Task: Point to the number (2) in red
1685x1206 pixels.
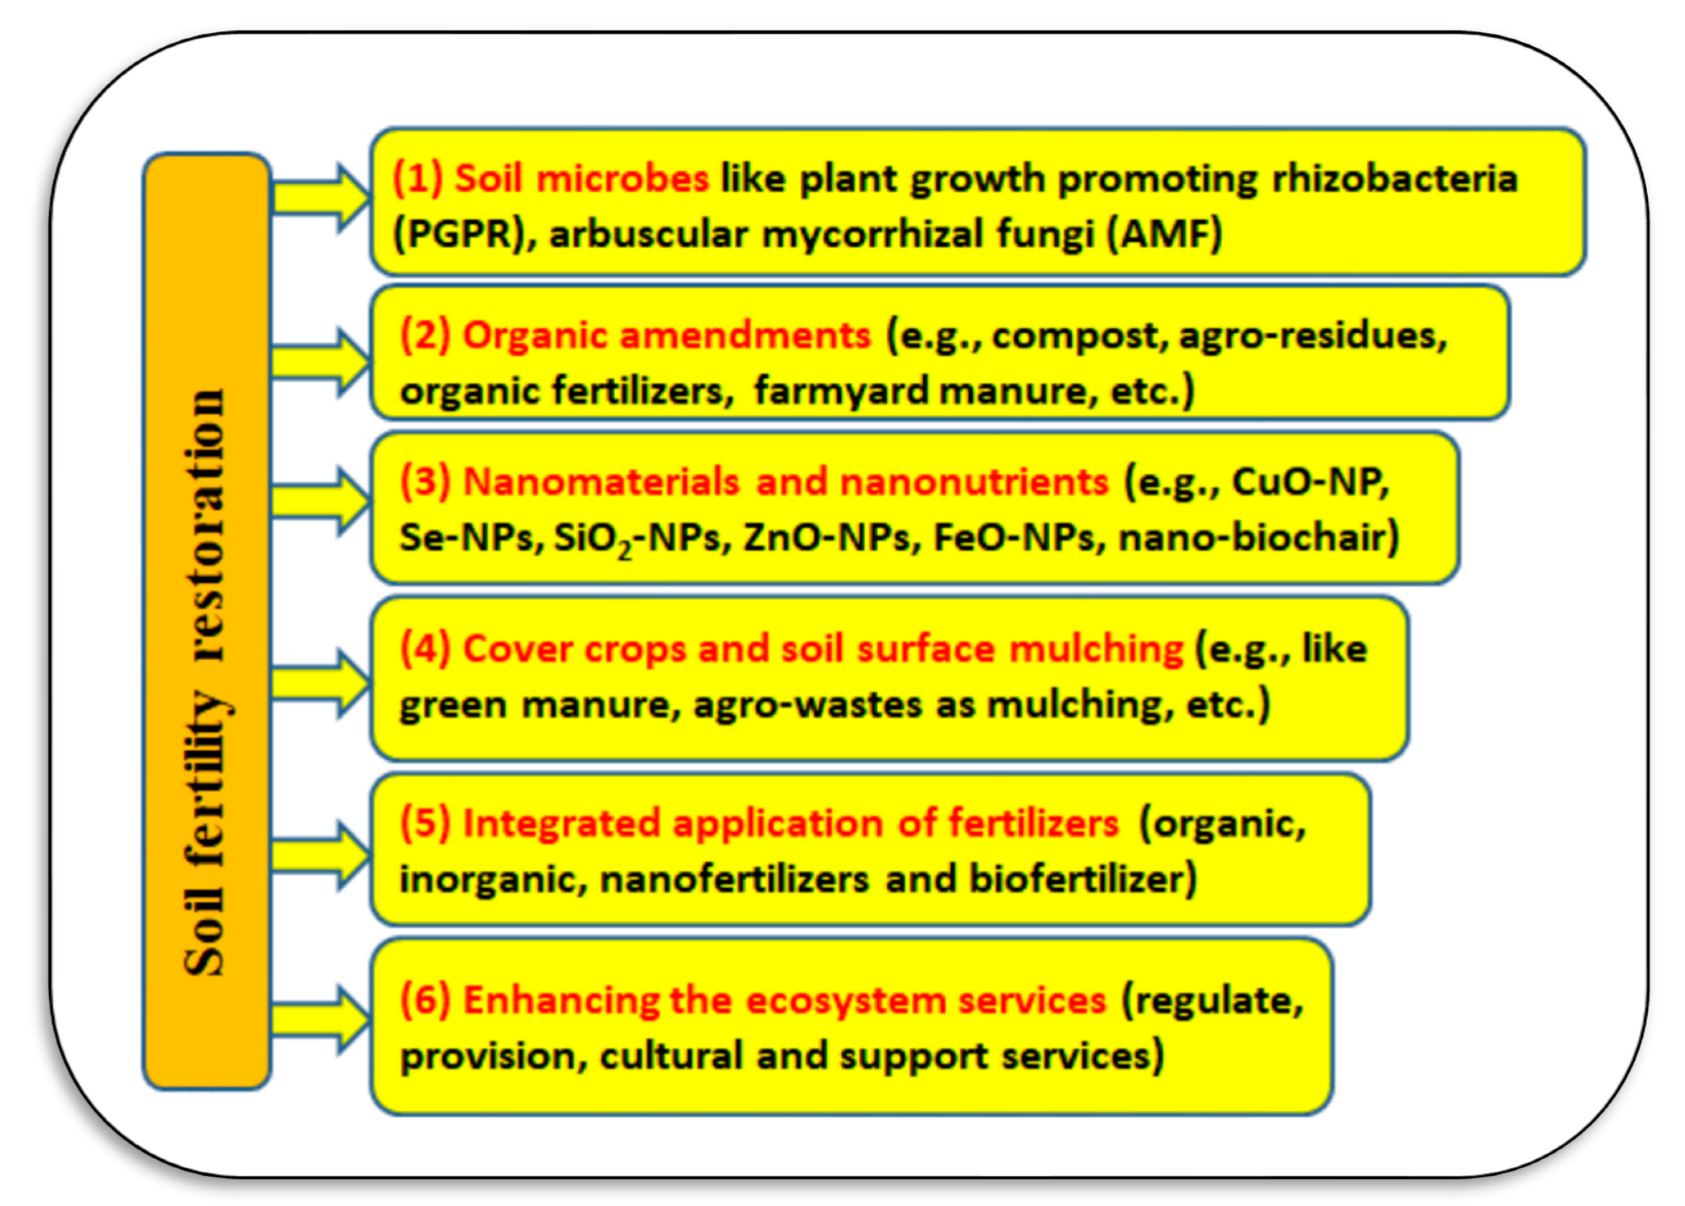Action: (426, 336)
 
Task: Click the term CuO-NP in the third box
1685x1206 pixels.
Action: (1309, 483)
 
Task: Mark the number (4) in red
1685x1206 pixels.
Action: (426, 649)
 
